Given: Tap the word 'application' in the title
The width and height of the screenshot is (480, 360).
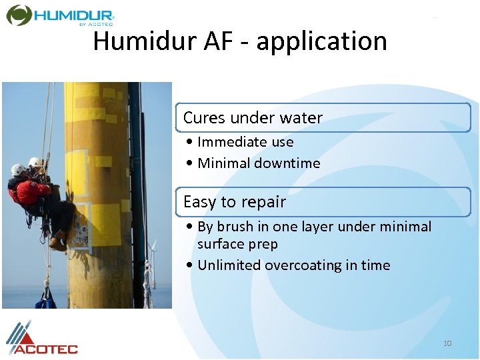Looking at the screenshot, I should click(x=321, y=41).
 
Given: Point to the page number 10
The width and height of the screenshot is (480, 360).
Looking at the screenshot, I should click(x=447, y=343).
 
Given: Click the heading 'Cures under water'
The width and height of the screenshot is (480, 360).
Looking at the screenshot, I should click(x=253, y=118).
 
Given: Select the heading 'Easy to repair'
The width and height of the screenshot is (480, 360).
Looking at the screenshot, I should click(x=235, y=202).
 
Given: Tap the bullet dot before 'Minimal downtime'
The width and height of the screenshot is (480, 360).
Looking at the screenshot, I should click(x=191, y=163).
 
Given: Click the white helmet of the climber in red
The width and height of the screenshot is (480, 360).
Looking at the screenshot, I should click(x=18, y=169).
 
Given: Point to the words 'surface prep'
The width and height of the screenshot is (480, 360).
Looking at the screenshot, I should click(x=237, y=245).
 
